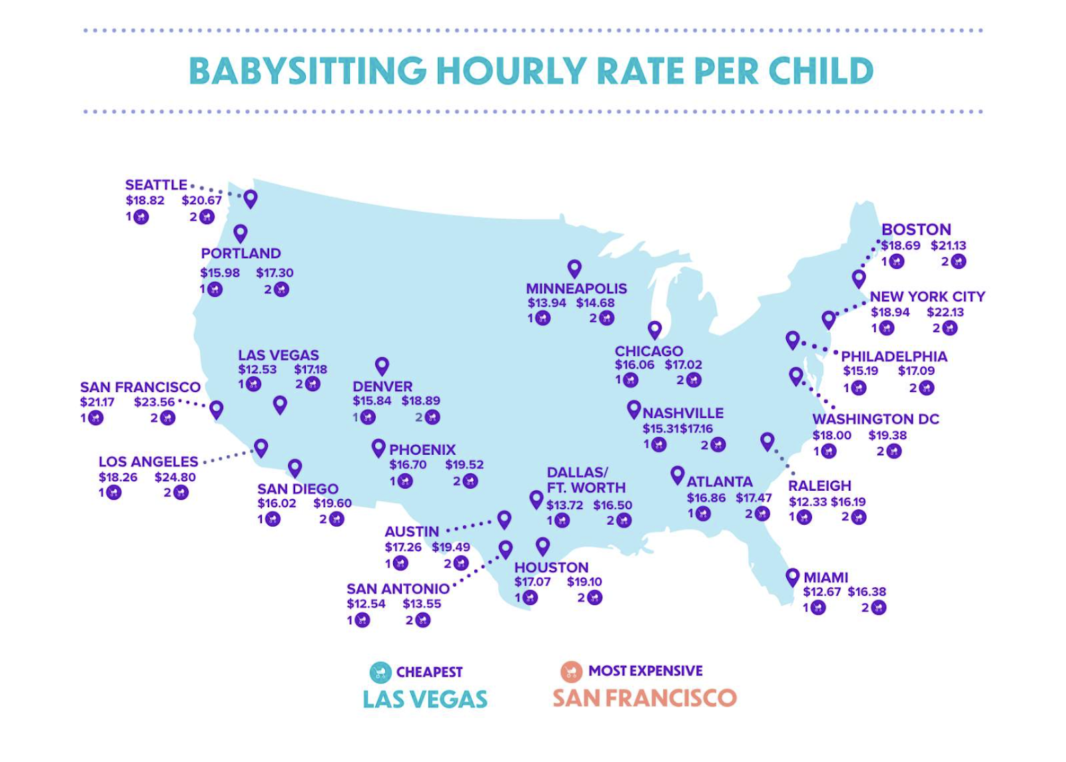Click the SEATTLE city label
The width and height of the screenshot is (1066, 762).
tap(156, 185)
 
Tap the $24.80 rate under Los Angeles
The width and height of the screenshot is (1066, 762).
tap(175, 477)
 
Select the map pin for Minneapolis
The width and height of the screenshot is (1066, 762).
tap(574, 268)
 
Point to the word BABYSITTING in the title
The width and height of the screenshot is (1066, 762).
tap(307, 71)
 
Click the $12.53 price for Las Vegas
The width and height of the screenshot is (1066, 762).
tap(257, 369)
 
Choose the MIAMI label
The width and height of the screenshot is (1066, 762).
tap(825, 577)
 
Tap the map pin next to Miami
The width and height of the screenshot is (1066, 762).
tap(792, 577)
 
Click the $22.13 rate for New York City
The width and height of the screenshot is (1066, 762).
tap(945, 312)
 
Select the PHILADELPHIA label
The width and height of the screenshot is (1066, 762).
tap(893, 357)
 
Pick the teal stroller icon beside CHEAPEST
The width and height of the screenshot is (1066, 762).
tap(380, 672)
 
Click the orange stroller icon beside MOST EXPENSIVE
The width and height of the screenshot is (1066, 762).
tap(571, 671)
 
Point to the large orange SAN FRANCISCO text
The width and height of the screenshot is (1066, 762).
tap(644, 698)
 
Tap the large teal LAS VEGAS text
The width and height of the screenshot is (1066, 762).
tap(425, 699)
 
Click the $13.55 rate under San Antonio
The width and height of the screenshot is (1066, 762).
tap(422, 604)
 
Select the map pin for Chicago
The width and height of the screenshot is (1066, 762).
tap(655, 329)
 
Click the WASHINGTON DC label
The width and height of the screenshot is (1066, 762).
tap(875, 419)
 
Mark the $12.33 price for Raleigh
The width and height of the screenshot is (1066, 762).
tap(807, 502)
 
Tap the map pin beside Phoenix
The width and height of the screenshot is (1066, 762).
tap(378, 447)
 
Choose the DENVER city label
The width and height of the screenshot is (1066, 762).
tap(382, 387)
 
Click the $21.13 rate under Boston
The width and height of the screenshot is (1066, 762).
tap(948, 245)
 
